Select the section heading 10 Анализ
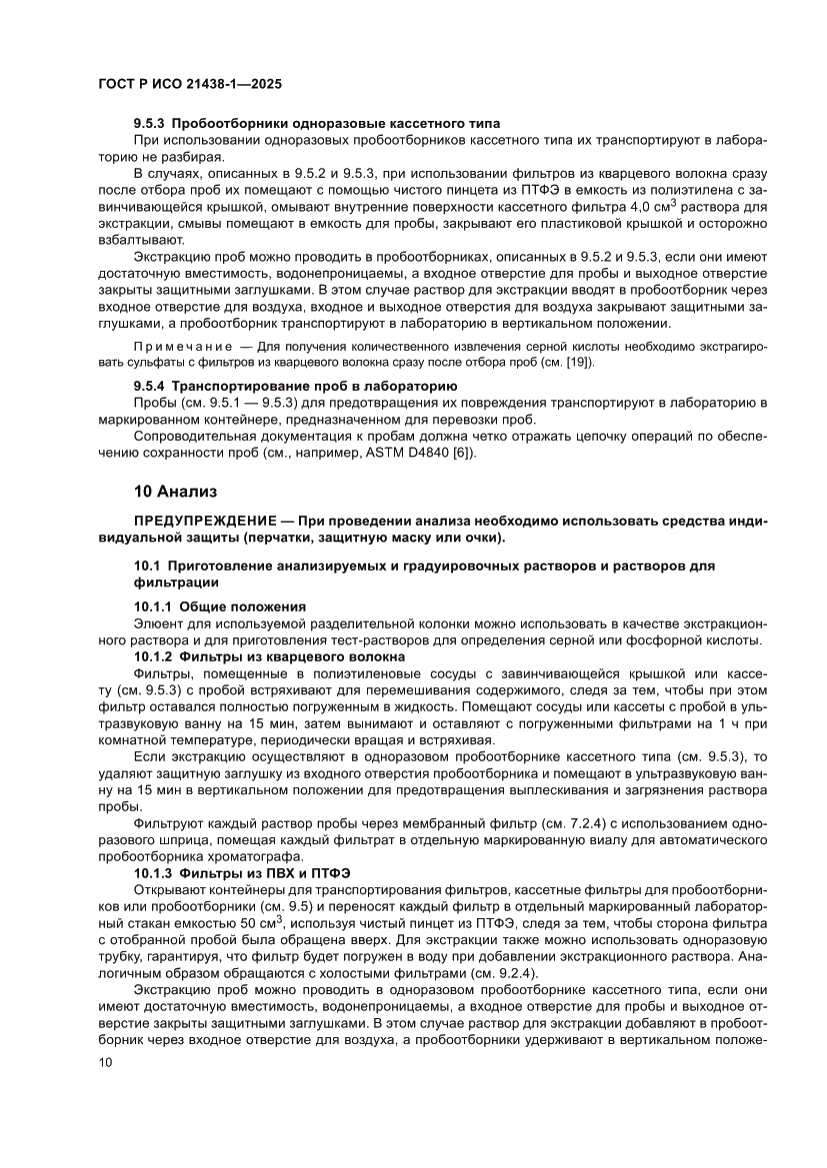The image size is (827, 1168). click(x=172, y=492)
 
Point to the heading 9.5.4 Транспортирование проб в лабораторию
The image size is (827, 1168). click(x=295, y=385)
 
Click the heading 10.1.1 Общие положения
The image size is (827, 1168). click(x=219, y=606)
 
